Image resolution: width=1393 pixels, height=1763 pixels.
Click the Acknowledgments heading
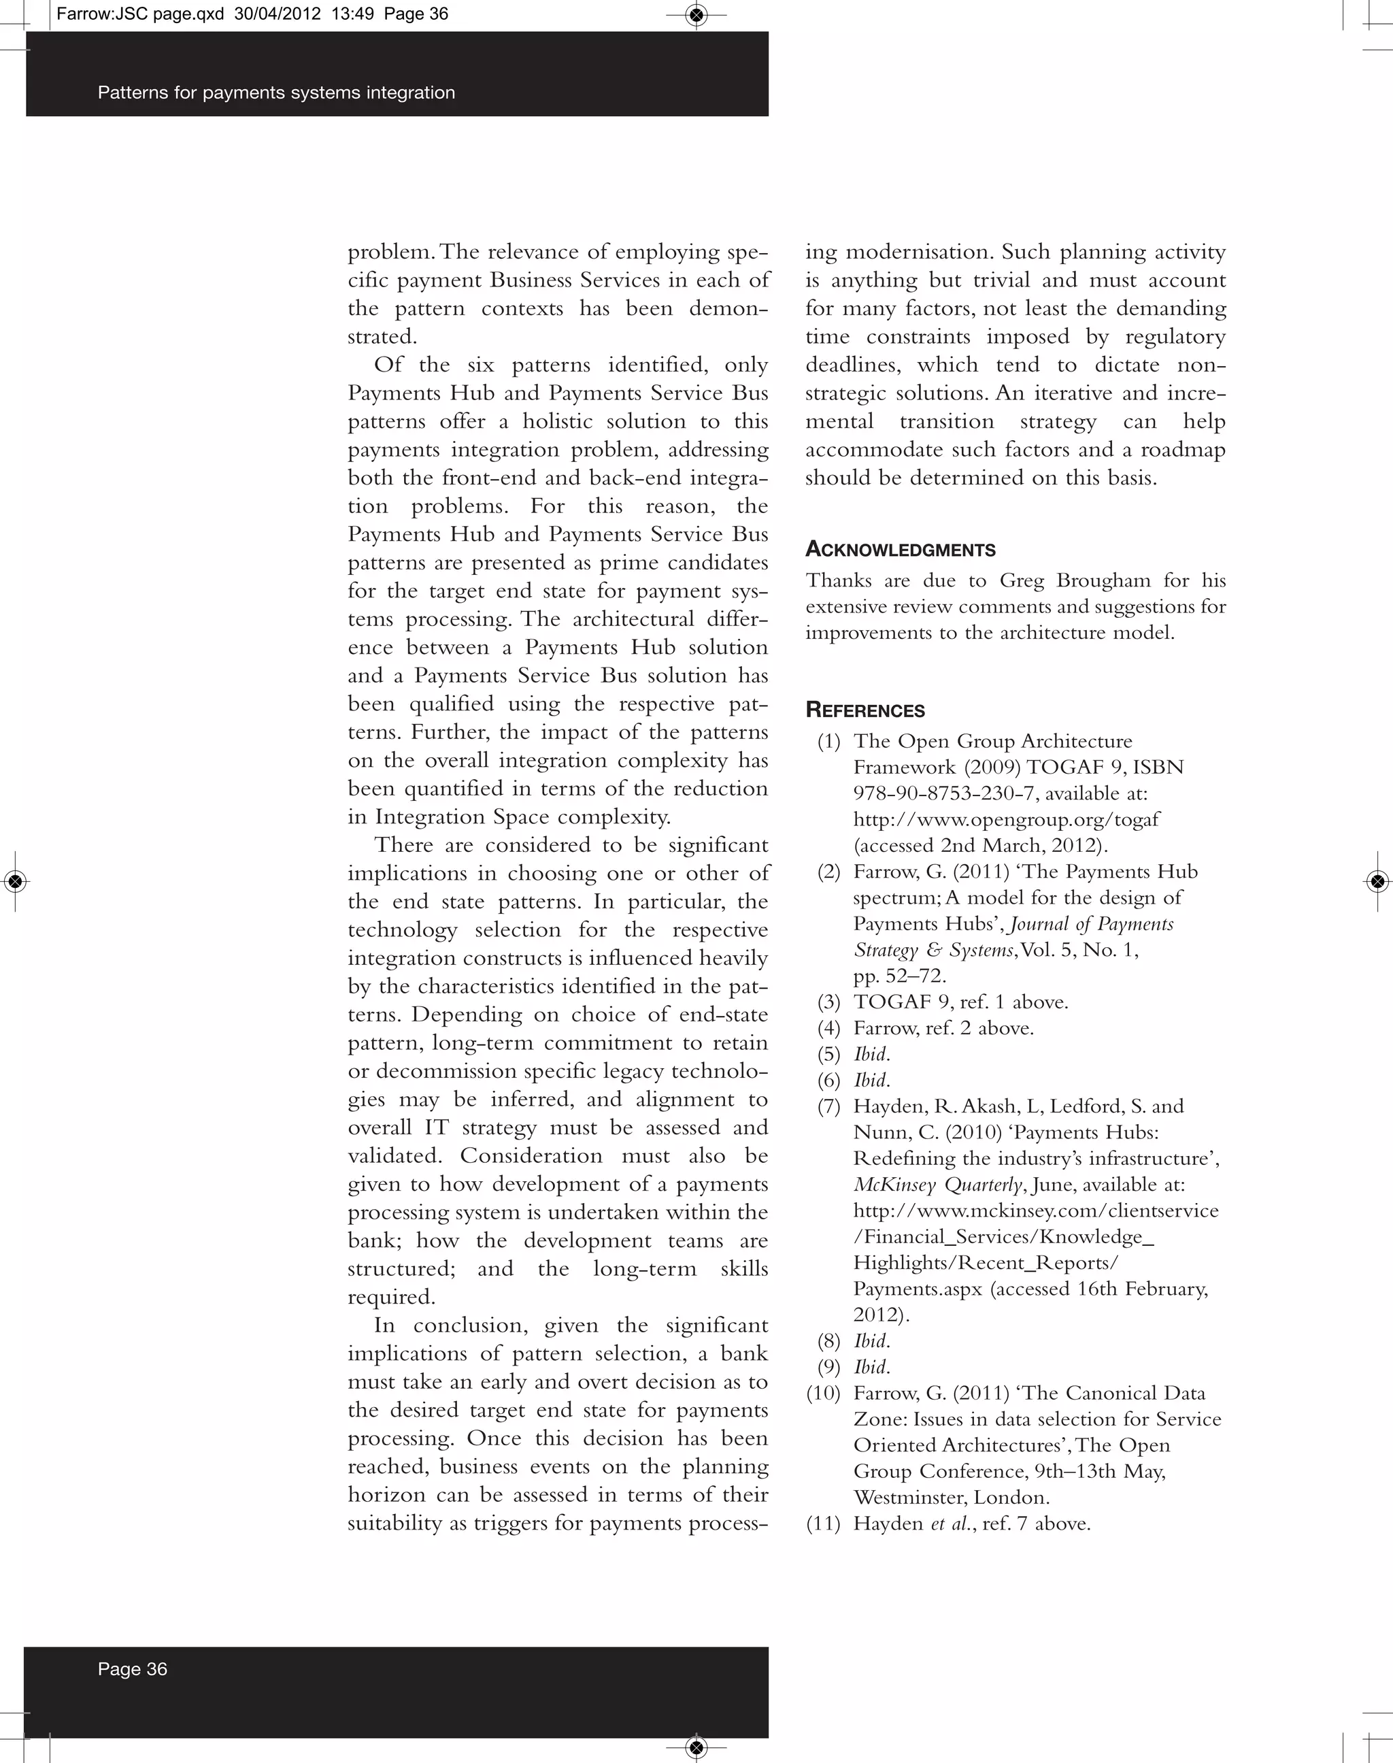point(900,549)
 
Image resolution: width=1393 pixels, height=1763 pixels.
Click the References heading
point(865,710)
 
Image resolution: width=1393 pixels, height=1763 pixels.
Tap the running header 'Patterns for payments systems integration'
point(275,92)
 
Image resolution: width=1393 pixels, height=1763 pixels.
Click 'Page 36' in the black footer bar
point(132,1668)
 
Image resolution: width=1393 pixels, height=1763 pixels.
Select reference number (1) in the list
point(828,741)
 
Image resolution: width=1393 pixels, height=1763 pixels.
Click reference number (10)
point(823,1393)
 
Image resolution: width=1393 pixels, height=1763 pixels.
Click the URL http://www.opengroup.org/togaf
point(1005,819)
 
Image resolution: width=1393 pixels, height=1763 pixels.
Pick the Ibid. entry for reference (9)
point(871,1366)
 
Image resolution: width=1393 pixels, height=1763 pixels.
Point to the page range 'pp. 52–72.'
point(900,976)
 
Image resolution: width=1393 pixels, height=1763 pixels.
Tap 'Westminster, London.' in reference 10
point(951,1497)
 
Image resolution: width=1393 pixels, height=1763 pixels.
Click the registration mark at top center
point(696,15)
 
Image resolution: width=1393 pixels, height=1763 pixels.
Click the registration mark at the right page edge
point(1377,881)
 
